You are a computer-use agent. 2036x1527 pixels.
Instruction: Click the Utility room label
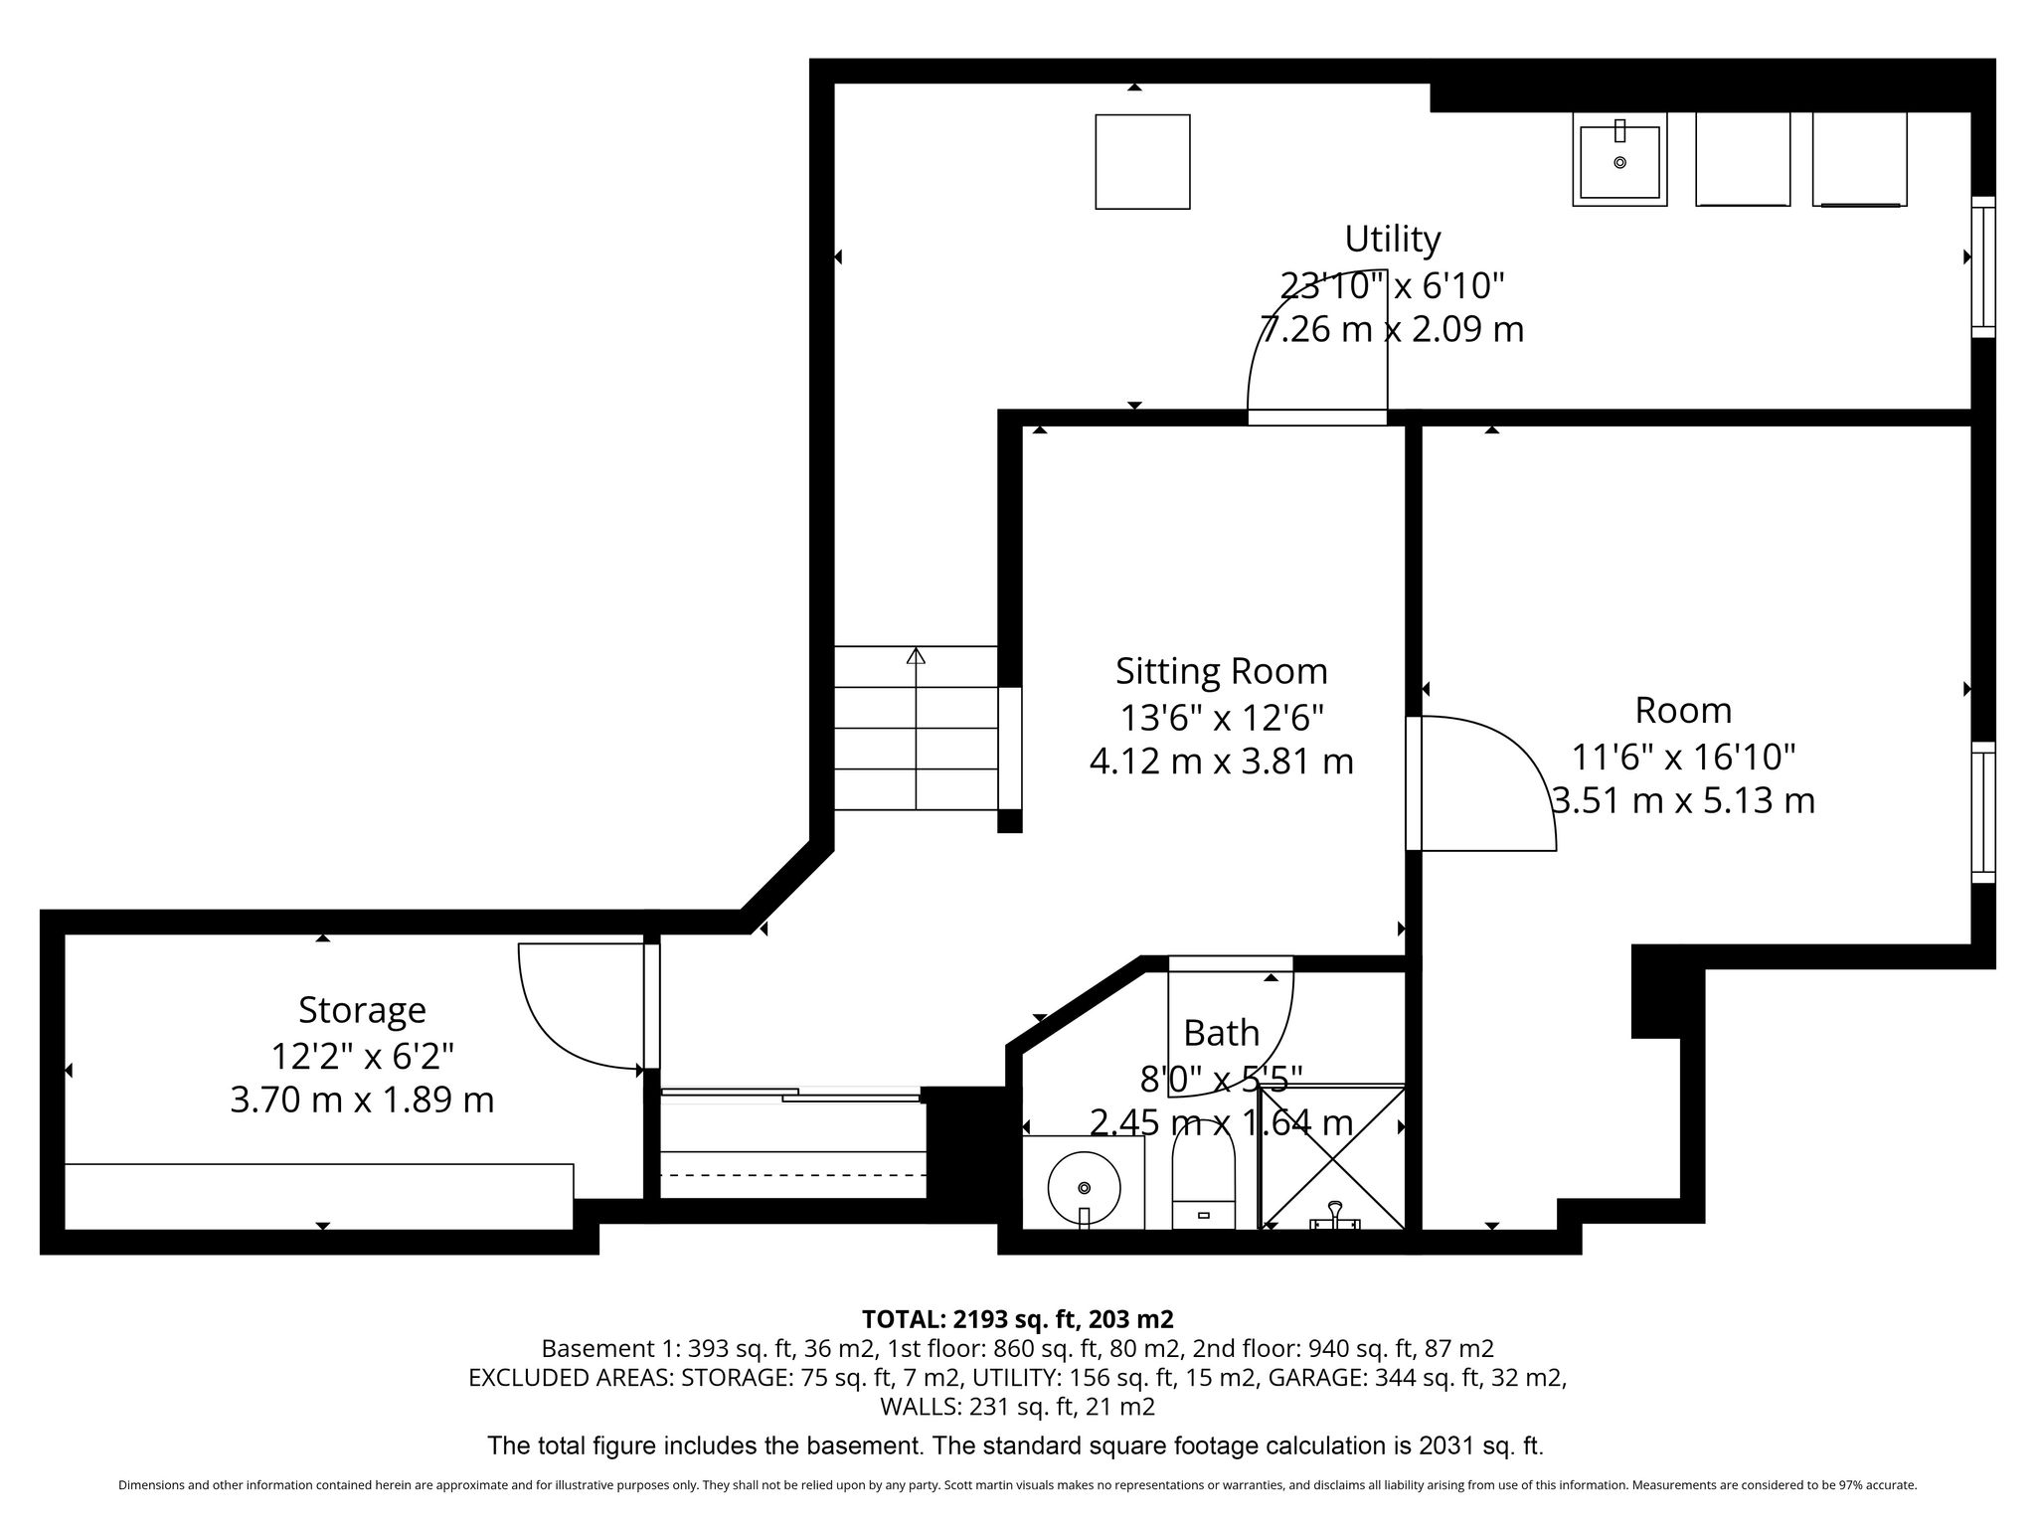coord(1392,240)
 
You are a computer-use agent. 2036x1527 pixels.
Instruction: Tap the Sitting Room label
coord(1221,671)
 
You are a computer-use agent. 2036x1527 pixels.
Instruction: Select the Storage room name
coord(362,1010)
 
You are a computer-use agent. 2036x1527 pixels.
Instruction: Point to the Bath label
coord(1221,1033)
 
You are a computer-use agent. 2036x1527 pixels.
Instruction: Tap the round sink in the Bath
coord(1084,1187)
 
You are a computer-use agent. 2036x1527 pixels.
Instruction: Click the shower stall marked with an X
coord(1332,1158)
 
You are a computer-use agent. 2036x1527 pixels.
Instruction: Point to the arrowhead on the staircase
coord(916,655)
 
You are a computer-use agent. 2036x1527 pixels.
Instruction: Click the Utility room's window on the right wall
coord(1983,266)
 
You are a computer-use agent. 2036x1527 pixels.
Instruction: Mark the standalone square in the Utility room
coord(1142,162)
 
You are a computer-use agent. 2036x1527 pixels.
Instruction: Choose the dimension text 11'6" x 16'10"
coord(1683,758)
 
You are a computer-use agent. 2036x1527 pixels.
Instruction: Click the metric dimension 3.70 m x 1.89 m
coord(362,1101)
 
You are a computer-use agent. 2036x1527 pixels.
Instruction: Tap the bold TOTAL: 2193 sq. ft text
coord(970,1319)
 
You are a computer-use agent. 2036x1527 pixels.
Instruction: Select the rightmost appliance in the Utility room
coord(1859,159)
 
